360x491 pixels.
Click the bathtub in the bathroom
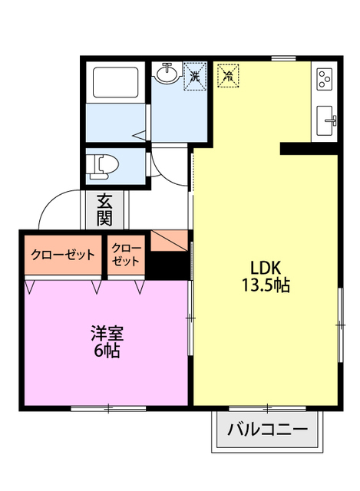pos(116,82)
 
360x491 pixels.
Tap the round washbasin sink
pos(167,74)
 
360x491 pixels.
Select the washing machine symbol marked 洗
pos(195,76)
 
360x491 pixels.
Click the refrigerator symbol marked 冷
pos(229,75)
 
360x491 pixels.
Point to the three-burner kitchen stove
pos(324,79)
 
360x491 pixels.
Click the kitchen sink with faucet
pos(326,120)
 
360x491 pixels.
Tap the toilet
pos(103,167)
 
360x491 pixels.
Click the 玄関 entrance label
pos(104,209)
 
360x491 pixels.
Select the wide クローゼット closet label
pos(63,255)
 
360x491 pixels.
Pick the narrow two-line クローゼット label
pos(126,255)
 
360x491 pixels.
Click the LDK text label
pos(266,268)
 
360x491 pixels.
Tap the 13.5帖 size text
pos(266,285)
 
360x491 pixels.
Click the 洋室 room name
pos(107,333)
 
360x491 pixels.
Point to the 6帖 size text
pos(107,351)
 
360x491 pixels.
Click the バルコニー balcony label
pos(267,430)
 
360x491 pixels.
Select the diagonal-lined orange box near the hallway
pos(169,241)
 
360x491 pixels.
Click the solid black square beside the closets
pos(168,265)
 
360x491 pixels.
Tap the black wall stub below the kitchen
pos(309,148)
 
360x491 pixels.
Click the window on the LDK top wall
pos(283,58)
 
